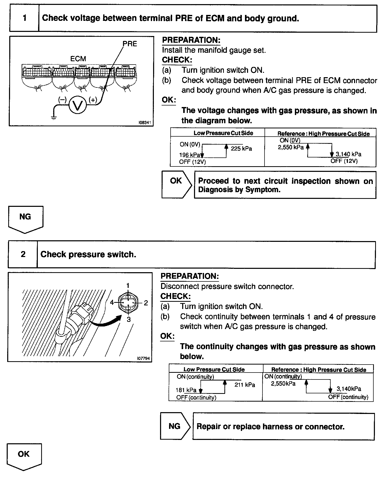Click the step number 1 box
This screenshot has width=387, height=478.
pyautogui.click(x=24, y=18)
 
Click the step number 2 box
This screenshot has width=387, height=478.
pyautogui.click(x=23, y=254)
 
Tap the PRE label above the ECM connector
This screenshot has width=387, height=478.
pyautogui.click(x=130, y=44)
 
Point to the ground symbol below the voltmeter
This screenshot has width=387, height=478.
pyautogui.click(x=54, y=118)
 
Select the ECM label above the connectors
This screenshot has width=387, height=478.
pyautogui.click(x=78, y=59)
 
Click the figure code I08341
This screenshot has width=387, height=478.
pyautogui.click(x=145, y=123)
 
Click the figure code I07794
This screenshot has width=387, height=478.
pyautogui.click(x=144, y=358)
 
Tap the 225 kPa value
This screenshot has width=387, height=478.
pyautogui.click(x=241, y=149)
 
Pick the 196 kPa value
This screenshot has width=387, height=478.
pyautogui.click(x=190, y=155)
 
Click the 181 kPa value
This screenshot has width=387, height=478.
pyautogui.click(x=186, y=390)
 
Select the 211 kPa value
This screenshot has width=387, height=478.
pyautogui.click(x=244, y=385)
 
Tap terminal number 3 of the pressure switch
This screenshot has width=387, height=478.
pyautogui.click(x=129, y=320)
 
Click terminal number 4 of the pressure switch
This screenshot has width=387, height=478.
pyautogui.click(x=112, y=303)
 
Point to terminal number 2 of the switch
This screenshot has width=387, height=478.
pyautogui.click(x=146, y=303)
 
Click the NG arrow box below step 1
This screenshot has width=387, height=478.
pyautogui.click(x=25, y=218)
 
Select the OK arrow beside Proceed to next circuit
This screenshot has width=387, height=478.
pyautogui.click(x=177, y=184)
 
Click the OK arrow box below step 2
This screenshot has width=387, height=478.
pyautogui.click(x=24, y=456)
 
